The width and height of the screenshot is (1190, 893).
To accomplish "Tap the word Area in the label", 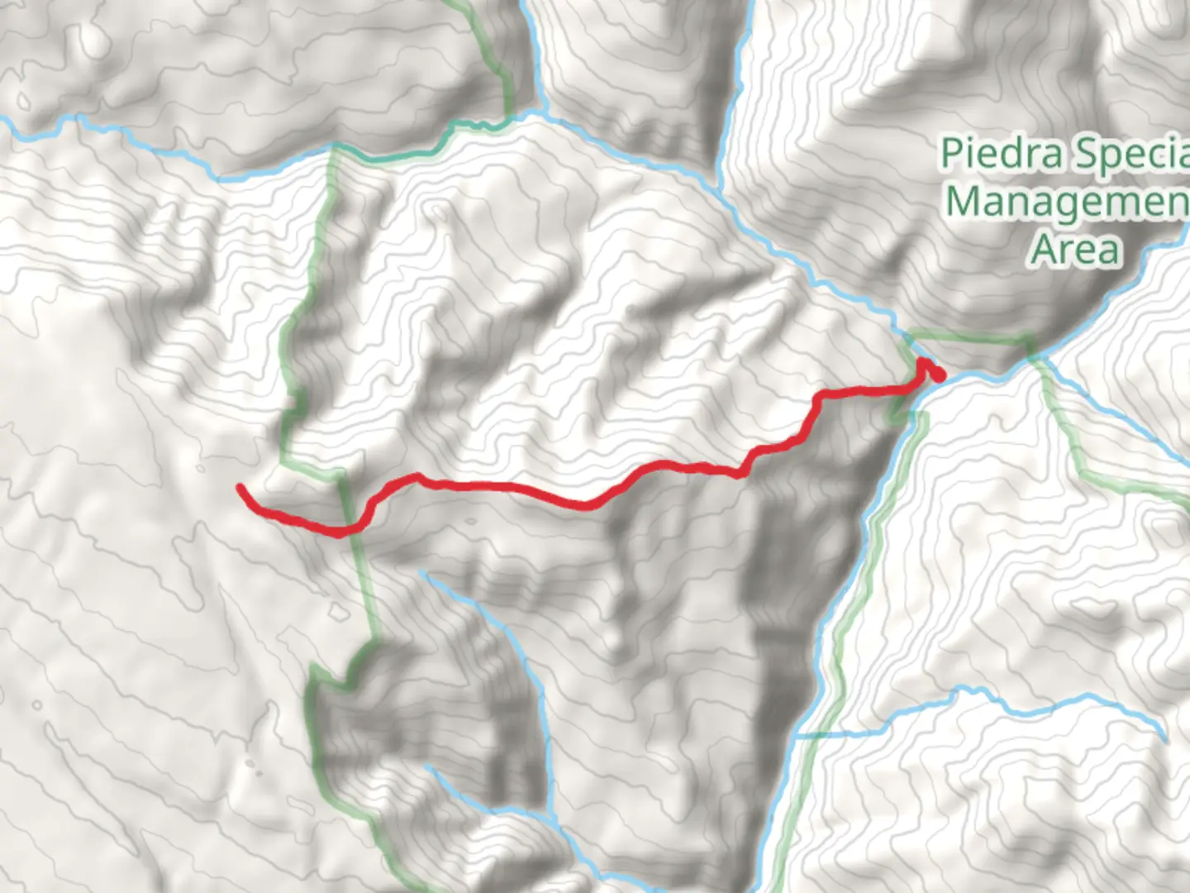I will tap(1074, 249).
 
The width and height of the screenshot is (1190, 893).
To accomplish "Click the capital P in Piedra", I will tap(951, 154).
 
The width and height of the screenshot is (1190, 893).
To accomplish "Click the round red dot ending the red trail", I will tap(938, 376).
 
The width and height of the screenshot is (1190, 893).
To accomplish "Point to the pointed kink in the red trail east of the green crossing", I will tap(418, 476).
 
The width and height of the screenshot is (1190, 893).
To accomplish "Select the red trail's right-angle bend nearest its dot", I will tap(819, 399).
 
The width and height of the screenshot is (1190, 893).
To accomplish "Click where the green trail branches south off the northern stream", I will tap(334, 146).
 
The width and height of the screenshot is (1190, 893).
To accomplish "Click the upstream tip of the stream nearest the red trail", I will tap(421, 571).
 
